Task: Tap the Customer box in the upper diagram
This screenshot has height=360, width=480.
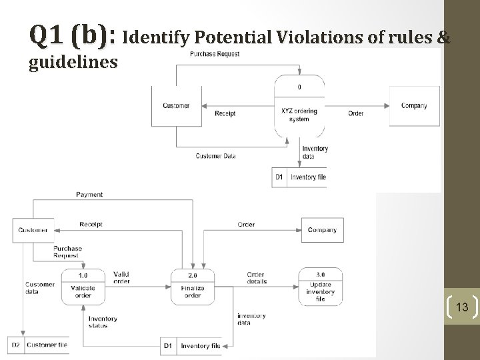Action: click(x=176, y=106)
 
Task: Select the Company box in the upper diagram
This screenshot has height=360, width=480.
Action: click(x=414, y=105)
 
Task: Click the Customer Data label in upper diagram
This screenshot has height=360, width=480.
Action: click(x=215, y=156)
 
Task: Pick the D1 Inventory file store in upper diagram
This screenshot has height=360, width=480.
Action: click(x=300, y=177)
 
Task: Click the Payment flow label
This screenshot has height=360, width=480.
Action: click(x=89, y=195)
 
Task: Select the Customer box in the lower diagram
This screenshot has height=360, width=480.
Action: click(x=33, y=230)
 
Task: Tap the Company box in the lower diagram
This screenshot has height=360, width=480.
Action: click(x=322, y=230)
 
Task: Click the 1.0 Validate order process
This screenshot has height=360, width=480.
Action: click(x=83, y=286)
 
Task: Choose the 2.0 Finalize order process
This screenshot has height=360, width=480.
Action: click(x=192, y=286)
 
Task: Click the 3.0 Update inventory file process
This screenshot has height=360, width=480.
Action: click(x=321, y=286)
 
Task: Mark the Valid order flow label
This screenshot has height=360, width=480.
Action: click(x=122, y=278)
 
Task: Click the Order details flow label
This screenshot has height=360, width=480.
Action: click(x=257, y=278)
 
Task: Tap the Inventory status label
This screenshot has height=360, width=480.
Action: click(x=102, y=322)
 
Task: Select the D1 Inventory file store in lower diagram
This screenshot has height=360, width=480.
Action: click(x=193, y=346)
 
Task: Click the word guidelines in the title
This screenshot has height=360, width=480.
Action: click(x=73, y=63)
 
